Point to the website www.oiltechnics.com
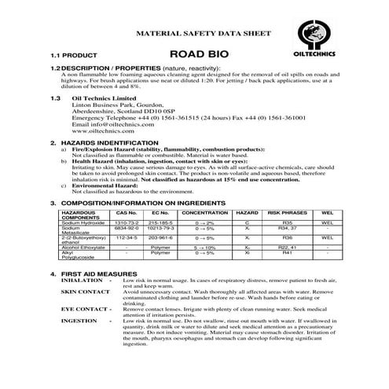99,132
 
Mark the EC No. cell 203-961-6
160,237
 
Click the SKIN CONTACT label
86,292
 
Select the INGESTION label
79,321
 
